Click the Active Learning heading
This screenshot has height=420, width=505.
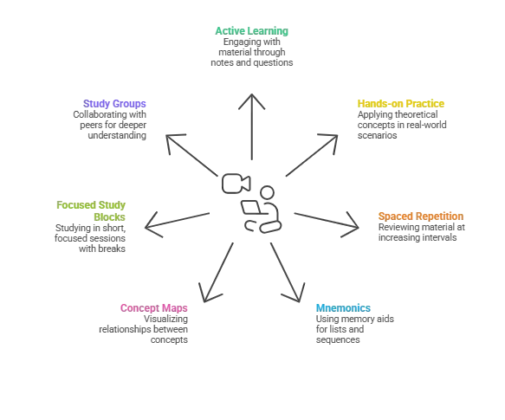click(x=251, y=31)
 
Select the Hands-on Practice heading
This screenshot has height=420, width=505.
click(x=401, y=104)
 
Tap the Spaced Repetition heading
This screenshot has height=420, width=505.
click(x=421, y=216)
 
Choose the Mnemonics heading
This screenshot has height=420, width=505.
click(x=343, y=308)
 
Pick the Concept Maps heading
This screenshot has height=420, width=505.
click(x=154, y=308)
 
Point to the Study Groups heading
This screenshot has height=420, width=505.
click(x=114, y=104)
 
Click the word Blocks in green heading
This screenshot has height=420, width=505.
click(x=109, y=217)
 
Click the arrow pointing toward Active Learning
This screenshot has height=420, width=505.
click(x=252, y=126)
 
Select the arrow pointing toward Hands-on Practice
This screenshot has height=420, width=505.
click(x=312, y=155)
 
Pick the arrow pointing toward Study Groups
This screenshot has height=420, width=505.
click(x=192, y=155)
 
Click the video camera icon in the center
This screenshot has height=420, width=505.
click(x=236, y=184)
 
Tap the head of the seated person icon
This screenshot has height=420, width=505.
click(x=267, y=192)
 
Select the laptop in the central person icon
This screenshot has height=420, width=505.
click(x=251, y=207)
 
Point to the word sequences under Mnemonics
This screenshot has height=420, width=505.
click(x=338, y=340)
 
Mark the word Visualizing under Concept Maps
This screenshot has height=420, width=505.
click(x=165, y=320)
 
